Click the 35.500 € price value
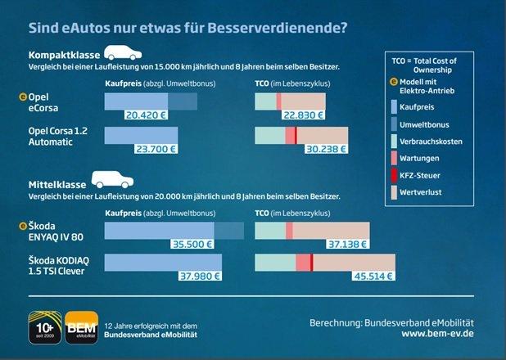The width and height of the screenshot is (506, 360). click(x=192, y=243)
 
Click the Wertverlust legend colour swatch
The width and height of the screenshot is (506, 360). click(x=395, y=193)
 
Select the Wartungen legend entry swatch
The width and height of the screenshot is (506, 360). click(x=395, y=159)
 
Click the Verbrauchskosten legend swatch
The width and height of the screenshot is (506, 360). click(x=395, y=141)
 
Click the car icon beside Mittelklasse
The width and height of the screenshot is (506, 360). click(x=111, y=178)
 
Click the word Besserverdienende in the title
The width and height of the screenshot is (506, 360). click(x=279, y=27)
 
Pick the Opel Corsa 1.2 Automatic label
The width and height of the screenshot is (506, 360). click(x=60, y=136)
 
